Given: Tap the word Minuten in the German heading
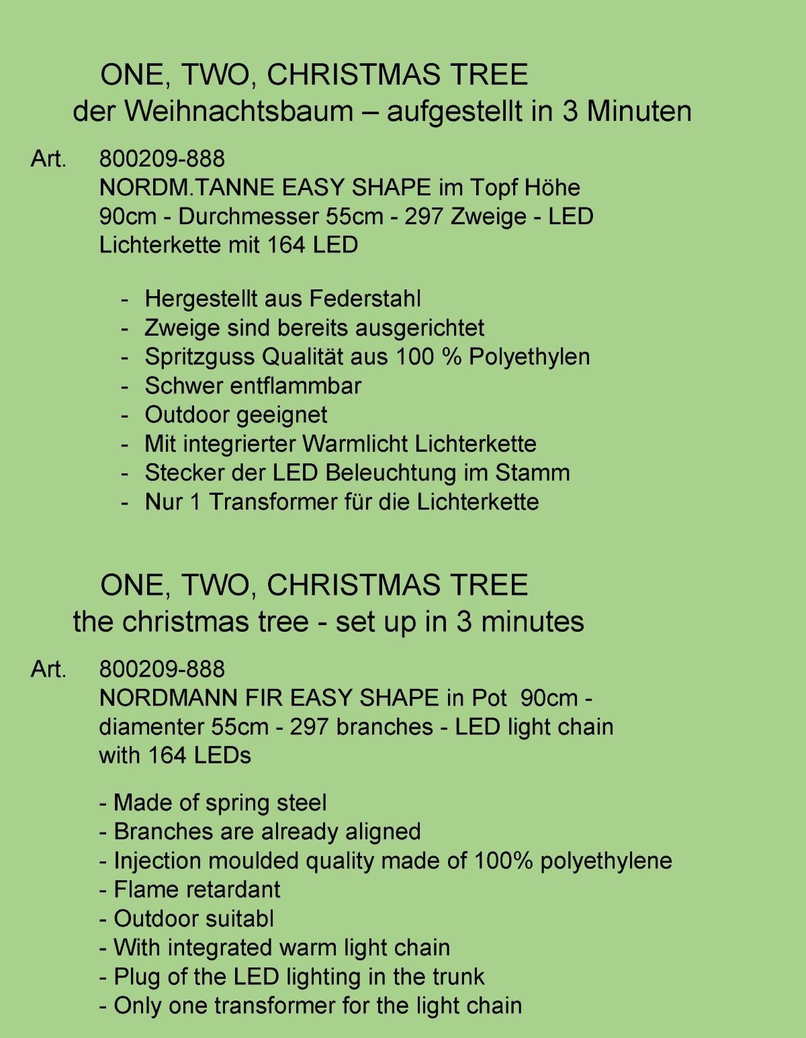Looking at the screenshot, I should click(639, 111).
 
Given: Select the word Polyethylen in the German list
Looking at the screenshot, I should click(529, 357).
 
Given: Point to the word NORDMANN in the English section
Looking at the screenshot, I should click(168, 698).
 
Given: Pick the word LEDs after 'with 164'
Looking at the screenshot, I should click(222, 756).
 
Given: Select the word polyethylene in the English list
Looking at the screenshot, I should click(606, 861).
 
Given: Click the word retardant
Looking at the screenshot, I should click(238, 890).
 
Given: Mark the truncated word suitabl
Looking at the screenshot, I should click(235, 918).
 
